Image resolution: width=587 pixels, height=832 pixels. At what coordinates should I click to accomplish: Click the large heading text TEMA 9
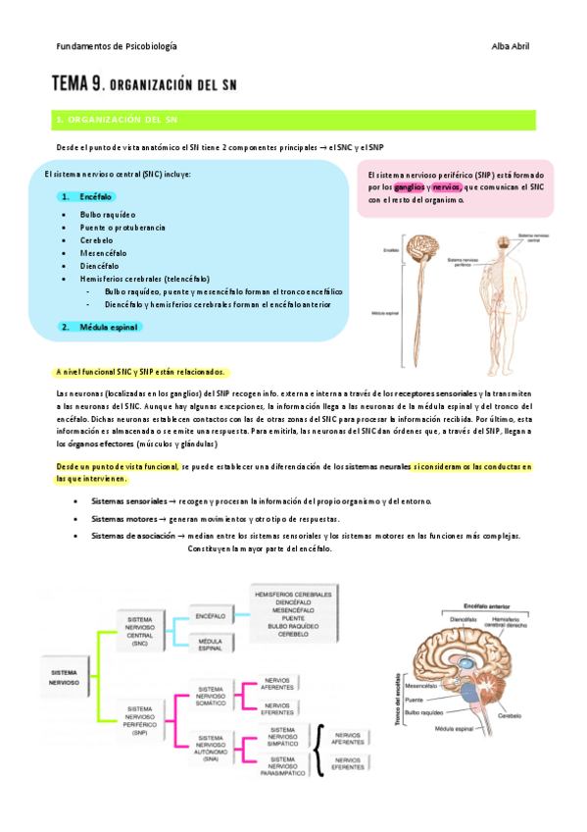[x=87, y=85]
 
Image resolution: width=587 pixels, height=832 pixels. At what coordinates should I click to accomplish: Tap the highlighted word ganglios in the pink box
[x=410, y=186]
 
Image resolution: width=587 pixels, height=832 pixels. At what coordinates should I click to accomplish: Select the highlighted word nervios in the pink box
[x=447, y=186]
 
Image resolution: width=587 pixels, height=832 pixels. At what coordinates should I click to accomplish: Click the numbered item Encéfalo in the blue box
[x=95, y=196]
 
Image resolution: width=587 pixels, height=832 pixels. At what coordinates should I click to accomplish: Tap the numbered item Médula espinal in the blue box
[x=108, y=327]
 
